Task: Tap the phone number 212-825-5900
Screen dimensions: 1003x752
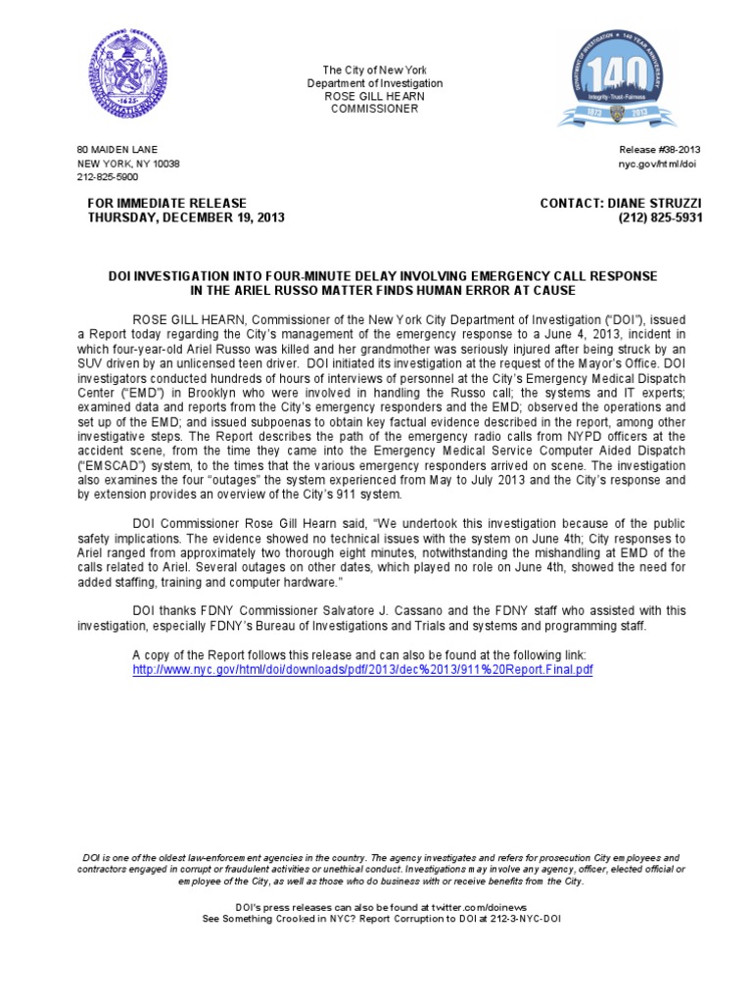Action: click(108, 177)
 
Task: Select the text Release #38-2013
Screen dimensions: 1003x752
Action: click(659, 150)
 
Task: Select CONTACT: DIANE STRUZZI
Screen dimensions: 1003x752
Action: click(621, 203)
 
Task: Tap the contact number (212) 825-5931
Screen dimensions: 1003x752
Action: click(660, 217)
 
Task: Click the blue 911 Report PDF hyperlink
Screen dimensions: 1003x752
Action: click(362, 669)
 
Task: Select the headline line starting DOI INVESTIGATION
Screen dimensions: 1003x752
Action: click(382, 277)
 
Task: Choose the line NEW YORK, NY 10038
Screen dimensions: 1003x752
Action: click(128, 164)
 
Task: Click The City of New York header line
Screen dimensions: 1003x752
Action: click(376, 70)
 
